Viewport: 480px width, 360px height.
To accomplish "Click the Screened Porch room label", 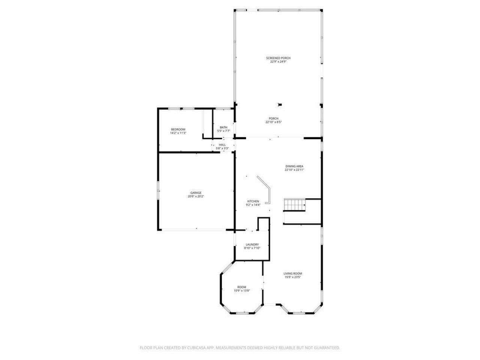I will pyautogui.click(x=278, y=58).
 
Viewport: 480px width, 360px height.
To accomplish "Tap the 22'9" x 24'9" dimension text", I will pyautogui.click(x=278, y=62).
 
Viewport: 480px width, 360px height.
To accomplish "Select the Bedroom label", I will pyautogui.click(x=178, y=129).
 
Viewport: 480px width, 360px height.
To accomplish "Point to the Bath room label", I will pyautogui.click(x=223, y=127).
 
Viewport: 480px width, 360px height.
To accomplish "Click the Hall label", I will pyautogui.click(x=222, y=145).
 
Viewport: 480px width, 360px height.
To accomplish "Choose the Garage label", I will pyautogui.click(x=196, y=193).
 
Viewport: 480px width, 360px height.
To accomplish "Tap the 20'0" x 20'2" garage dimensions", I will pyautogui.click(x=196, y=196).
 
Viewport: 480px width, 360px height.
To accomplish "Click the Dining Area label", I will pyautogui.click(x=294, y=166).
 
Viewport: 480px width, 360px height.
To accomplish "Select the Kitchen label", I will pyautogui.click(x=253, y=201).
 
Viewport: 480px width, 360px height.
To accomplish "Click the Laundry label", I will pyautogui.click(x=252, y=244).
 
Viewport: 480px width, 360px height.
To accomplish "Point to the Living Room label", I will pyautogui.click(x=292, y=273).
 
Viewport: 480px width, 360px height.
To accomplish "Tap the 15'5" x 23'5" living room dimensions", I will pyautogui.click(x=292, y=277).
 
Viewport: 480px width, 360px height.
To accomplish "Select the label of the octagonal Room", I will pyautogui.click(x=242, y=287).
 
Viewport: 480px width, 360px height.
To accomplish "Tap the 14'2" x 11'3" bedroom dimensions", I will pyautogui.click(x=178, y=133).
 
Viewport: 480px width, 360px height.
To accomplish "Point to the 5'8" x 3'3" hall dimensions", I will pyautogui.click(x=222, y=148).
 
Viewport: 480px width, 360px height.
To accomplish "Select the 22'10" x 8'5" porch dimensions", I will pyautogui.click(x=273, y=122).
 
